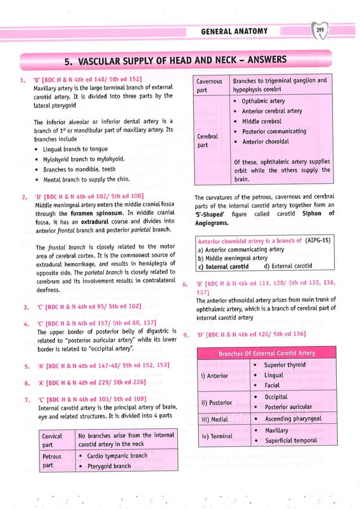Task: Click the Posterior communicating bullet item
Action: point(274,131)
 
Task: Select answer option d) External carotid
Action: point(287,266)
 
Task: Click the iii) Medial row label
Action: point(215,419)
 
